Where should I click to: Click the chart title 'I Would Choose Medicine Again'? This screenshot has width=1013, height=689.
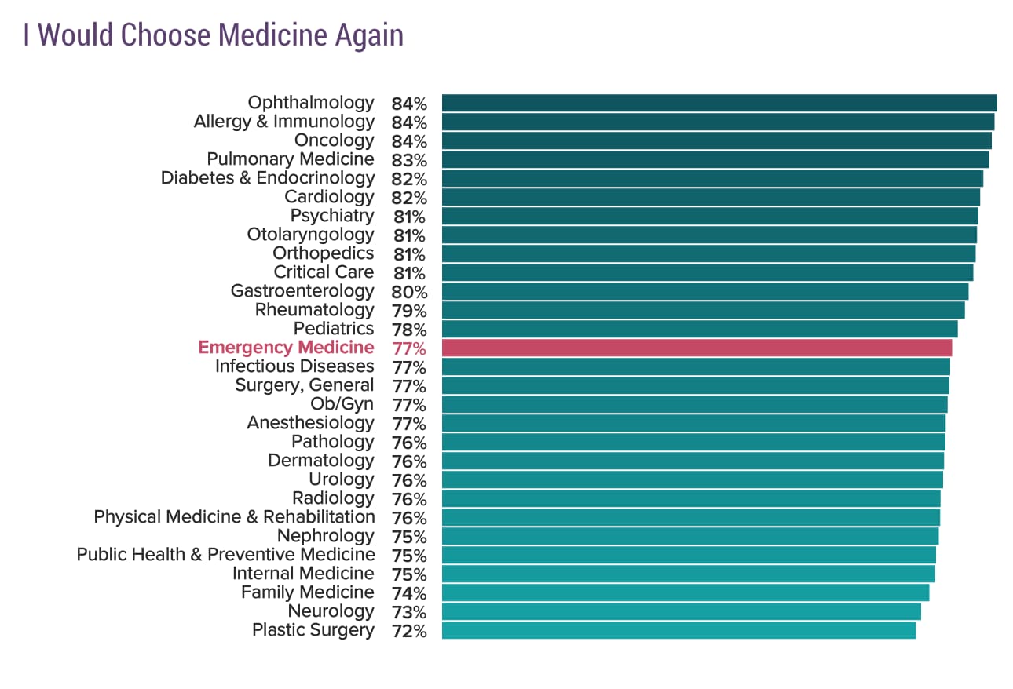(213, 36)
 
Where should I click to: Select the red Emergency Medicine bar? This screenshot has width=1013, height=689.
(697, 348)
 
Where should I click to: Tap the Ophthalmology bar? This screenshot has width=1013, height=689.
(719, 103)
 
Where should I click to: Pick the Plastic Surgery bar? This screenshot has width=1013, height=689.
(678, 630)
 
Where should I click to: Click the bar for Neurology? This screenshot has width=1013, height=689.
(681, 611)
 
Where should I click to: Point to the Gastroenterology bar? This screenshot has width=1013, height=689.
(704, 291)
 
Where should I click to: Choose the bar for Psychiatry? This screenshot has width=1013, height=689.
(710, 216)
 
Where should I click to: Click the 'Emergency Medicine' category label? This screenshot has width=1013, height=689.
(286, 348)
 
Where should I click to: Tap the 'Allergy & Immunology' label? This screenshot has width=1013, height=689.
(283, 122)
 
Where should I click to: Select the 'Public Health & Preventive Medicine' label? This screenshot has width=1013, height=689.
(225, 555)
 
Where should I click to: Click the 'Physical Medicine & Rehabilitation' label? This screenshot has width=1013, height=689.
(234, 517)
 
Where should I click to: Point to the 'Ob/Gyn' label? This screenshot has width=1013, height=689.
(342, 404)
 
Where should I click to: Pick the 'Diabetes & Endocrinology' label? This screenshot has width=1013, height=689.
(268, 178)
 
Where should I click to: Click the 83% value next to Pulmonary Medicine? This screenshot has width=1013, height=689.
(409, 160)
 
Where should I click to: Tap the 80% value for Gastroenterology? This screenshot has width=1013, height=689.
(409, 292)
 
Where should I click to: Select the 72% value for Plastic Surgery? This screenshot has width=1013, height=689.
(409, 631)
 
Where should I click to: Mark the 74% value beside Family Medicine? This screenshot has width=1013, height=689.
(409, 593)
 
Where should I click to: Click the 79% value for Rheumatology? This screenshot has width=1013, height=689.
(409, 311)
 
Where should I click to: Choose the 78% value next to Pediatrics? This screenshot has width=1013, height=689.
(409, 330)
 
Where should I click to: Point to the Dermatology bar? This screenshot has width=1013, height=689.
(693, 461)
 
